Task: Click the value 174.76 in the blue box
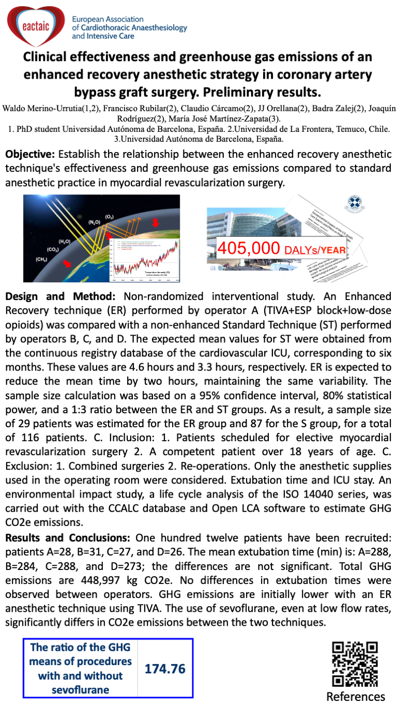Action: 165,669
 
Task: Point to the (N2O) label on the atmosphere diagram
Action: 94,222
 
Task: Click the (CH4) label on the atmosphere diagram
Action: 41,259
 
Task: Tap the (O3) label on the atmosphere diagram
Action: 110,216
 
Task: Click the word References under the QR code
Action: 356,696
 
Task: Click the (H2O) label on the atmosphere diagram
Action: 65,242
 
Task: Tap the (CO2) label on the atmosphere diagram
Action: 53,250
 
